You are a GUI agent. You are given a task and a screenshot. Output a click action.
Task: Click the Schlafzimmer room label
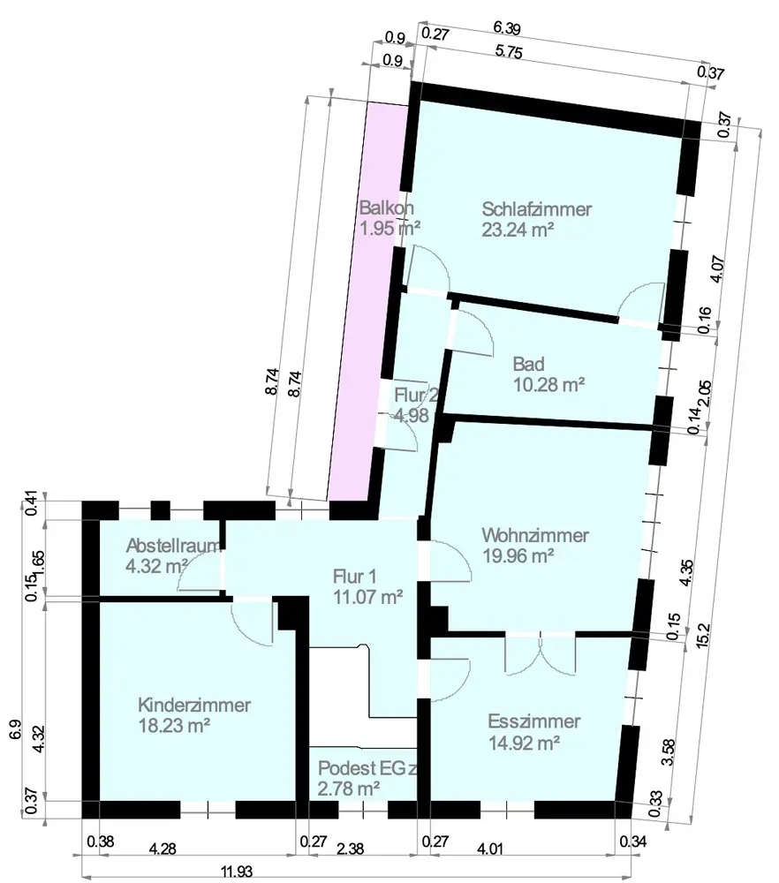click(x=536, y=209)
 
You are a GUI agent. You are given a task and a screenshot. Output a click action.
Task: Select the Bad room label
click(x=528, y=364)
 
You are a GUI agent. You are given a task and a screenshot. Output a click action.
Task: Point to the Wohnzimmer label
click(x=535, y=535)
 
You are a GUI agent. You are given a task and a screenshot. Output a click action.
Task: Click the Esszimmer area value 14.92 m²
click(x=525, y=743)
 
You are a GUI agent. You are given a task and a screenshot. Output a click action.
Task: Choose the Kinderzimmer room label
click(x=194, y=706)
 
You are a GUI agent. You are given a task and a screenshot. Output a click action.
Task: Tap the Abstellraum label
click(x=171, y=545)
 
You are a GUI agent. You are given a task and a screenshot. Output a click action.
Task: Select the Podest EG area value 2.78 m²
click(x=349, y=786)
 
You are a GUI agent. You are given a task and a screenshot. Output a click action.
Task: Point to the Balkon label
click(x=387, y=208)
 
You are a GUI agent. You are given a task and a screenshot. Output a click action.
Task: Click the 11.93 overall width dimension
click(x=232, y=872)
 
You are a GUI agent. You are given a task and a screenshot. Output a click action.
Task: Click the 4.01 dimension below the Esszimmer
click(x=491, y=849)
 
